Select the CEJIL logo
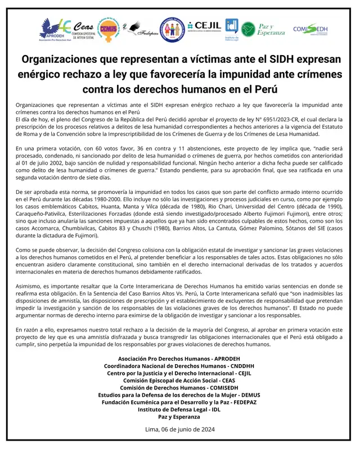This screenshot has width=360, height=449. (x=205, y=26)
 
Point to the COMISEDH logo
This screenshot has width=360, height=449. (x=310, y=29)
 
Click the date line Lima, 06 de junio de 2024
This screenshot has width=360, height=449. (x=179, y=429)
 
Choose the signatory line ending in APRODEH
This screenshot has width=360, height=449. (x=179, y=359)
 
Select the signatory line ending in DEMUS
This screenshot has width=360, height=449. (x=179, y=395)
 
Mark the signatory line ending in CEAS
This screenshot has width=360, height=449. (x=179, y=380)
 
